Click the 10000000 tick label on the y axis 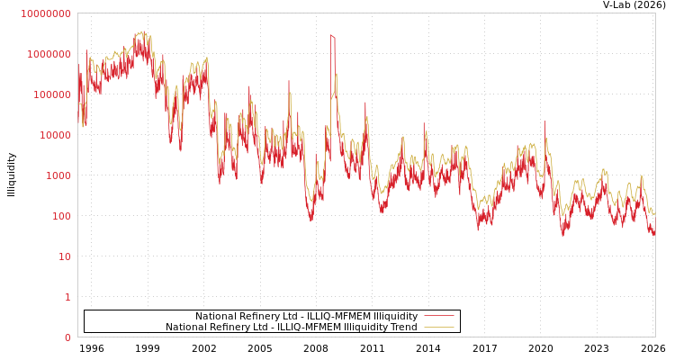click(x=45, y=13)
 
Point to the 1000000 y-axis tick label click(x=49, y=54)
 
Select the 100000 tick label click(x=51, y=94)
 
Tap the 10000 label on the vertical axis click(x=54, y=135)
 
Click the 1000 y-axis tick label click(x=58, y=175)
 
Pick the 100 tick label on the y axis click(x=60, y=216)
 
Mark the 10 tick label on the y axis click(x=64, y=256)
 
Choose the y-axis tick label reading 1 click(x=67, y=297)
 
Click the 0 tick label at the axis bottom click(x=67, y=337)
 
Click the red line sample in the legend click(x=438, y=316)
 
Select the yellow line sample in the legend click(x=438, y=327)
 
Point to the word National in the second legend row click(x=184, y=327)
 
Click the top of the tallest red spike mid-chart click(x=331, y=35)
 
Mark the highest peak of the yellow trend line click(x=142, y=31)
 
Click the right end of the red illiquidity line click(x=654, y=234)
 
